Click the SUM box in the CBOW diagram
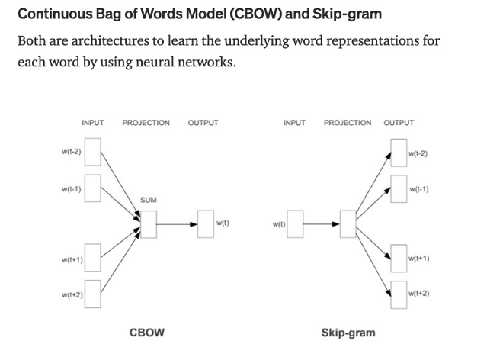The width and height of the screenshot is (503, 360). [149, 223]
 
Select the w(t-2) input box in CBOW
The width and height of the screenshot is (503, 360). [93, 152]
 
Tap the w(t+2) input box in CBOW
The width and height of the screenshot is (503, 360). [93, 294]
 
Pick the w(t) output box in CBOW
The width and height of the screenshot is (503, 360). [206, 223]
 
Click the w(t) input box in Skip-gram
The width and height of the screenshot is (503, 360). [295, 223]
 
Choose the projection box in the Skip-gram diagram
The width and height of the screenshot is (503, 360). [348, 223]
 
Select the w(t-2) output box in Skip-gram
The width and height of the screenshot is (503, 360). [399, 152]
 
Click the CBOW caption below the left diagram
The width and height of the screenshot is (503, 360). [147, 333]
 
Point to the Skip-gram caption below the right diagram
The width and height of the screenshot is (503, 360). [348, 333]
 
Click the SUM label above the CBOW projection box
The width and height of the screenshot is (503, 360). [148, 200]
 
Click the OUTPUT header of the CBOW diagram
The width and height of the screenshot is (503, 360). [203, 123]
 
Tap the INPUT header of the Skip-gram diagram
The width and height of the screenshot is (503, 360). [294, 123]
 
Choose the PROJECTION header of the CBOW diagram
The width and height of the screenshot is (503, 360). [146, 123]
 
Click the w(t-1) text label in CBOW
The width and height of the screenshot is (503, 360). [72, 188]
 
